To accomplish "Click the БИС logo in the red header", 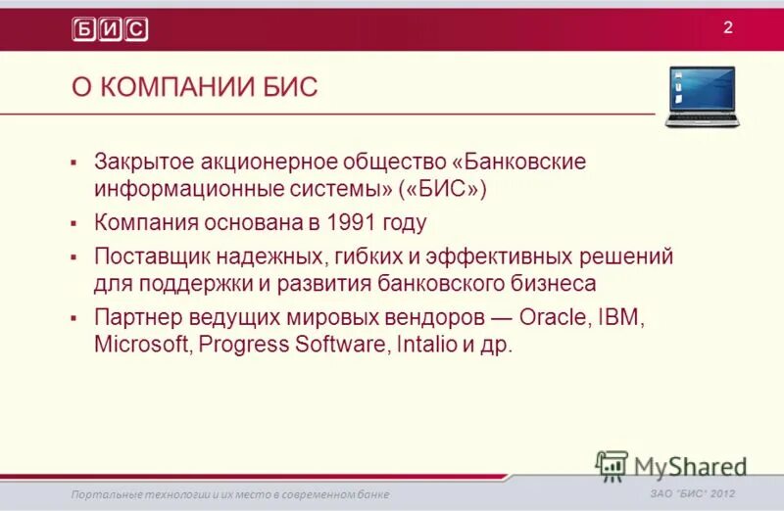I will [110, 29].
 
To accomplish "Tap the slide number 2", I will [728, 26].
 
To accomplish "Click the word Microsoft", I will [143, 346].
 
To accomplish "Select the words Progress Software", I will [296, 346].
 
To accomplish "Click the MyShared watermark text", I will [690, 466].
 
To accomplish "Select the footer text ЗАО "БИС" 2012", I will [692, 493].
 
